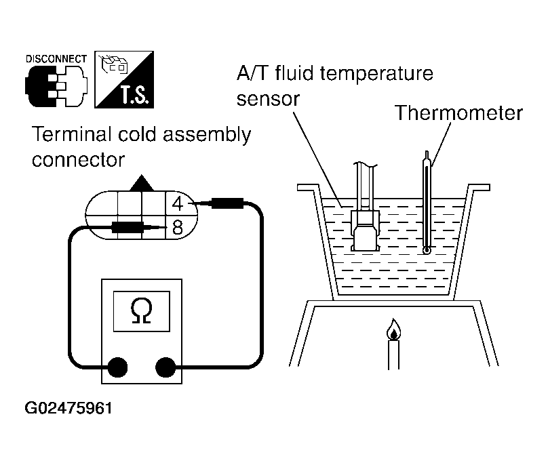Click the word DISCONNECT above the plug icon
[x=56, y=59]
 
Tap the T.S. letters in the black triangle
[x=135, y=96]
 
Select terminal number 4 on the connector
[x=178, y=203]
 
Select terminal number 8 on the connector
[x=178, y=228]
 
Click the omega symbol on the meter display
[x=142, y=311]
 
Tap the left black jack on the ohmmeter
[x=118, y=367]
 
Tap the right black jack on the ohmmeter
[x=165, y=367]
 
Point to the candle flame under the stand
[x=394, y=329]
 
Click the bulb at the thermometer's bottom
[x=427, y=251]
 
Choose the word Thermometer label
[x=458, y=113]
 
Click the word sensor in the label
[x=268, y=99]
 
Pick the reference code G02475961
[x=68, y=408]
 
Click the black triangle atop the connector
[x=142, y=184]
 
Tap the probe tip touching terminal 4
[x=191, y=203]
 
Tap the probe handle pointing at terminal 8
[x=128, y=227]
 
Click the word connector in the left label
[x=78, y=161]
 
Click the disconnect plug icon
[x=56, y=85]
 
